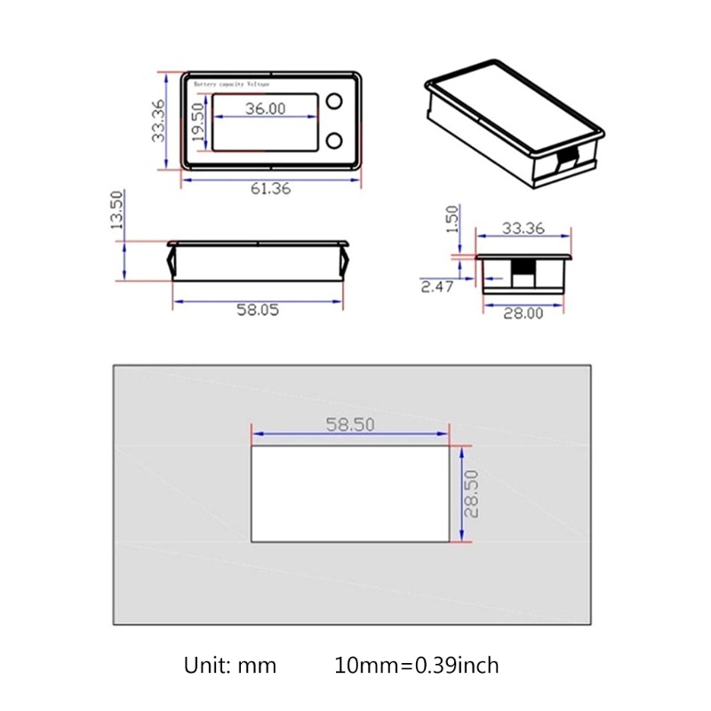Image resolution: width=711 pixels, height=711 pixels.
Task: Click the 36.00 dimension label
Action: pyautogui.click(x=265, y=108)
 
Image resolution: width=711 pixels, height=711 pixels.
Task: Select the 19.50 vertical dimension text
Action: pyautogui.click(x=197, y=124)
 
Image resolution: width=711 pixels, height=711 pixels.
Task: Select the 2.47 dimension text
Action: pyautogui.click(x=438, y=285)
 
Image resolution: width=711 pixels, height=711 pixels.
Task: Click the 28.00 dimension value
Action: pyautogui.click(x=523, y=314)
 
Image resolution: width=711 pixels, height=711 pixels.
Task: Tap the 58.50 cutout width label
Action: pyautogui.click(x=350, y=424)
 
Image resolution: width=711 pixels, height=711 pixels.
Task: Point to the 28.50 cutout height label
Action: pyautogui.click(x=473, y=494)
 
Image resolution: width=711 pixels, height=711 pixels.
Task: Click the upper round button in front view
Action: pyautogui.click(x=335, y=101)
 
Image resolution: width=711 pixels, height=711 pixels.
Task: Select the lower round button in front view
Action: pyautogui.click(x=335, y=140)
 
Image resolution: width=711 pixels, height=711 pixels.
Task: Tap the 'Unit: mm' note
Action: pyautogui.click(x=230, y=665)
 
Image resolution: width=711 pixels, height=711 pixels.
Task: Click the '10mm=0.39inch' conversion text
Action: pyautogui.click(x=417, y=665)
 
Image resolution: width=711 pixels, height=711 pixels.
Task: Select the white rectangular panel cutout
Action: pyautogui.click(x=350, y=494)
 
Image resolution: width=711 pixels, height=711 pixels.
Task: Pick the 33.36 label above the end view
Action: pyautogui.click(x=523, y=228)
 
